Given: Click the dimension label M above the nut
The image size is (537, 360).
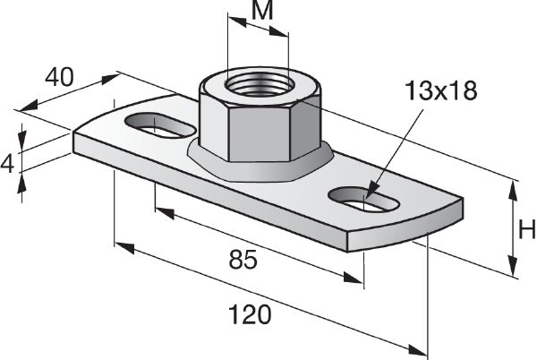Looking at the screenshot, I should click(260, 13).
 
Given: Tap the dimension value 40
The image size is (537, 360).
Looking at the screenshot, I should click(59, 77).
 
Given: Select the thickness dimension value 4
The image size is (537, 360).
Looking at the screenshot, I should click(8, 162).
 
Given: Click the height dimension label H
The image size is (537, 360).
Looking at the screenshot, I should click(527, 230).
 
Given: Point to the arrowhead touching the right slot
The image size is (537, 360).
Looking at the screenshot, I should click(371, 191).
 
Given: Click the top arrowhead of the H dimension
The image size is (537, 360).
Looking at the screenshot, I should click(514, 186).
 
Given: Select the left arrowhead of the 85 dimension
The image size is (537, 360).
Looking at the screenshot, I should click(162, 210).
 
